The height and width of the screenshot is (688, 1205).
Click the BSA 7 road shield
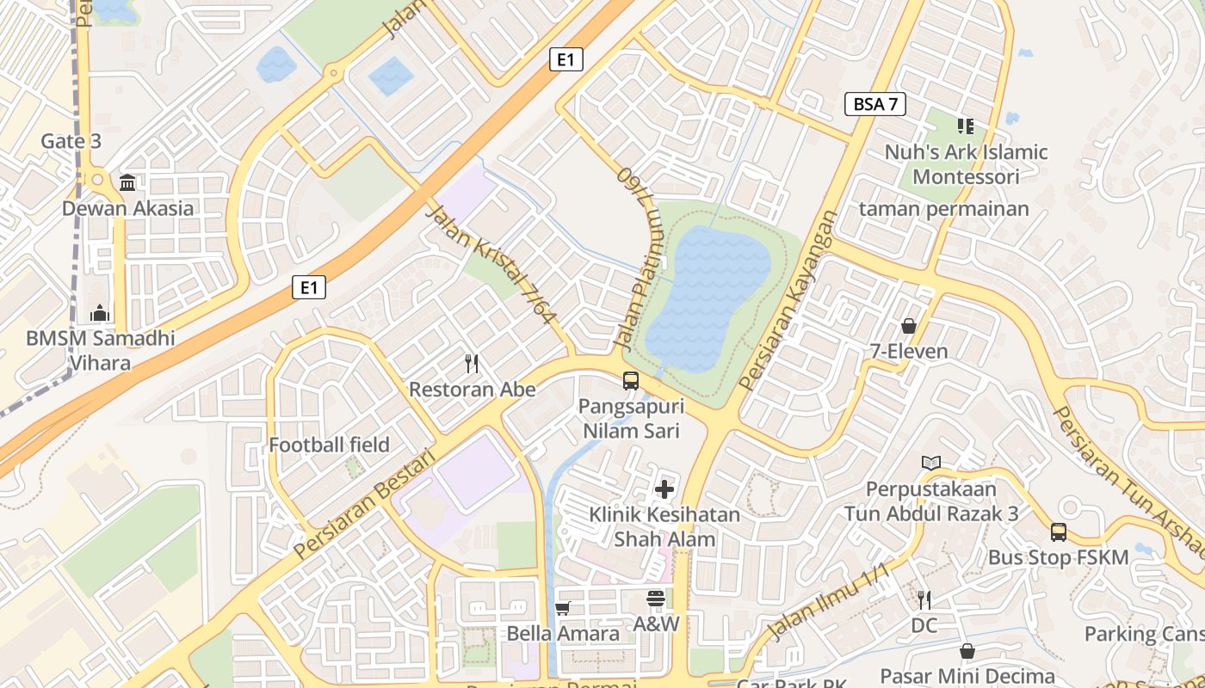tap(875, 104)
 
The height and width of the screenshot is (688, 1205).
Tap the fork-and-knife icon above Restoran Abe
tap(472, 364)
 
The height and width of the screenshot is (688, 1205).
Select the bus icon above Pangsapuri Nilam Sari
tap(631, 380)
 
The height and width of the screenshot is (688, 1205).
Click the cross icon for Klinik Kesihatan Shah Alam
tap(664, 489)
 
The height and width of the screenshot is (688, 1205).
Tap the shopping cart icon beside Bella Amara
tap(562, 608)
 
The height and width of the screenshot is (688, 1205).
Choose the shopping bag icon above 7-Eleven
tap(908, 326)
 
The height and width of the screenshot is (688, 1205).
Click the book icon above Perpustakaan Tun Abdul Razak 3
tap(930, 463)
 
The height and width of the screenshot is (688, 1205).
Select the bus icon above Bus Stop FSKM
tap(1058, 532)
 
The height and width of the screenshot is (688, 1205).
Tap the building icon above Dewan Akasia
tap(128, 182)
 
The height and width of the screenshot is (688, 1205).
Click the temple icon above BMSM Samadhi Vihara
tap(100, 313)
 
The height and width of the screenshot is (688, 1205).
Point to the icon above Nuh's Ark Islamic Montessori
tap(966, 126)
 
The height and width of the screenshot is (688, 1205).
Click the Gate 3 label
tap(71, 141)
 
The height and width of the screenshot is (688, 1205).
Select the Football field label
tap(329, 445)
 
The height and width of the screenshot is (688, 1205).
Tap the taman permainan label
tap(943, 208)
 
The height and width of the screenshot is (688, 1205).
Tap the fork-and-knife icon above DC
tap(924, 599)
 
